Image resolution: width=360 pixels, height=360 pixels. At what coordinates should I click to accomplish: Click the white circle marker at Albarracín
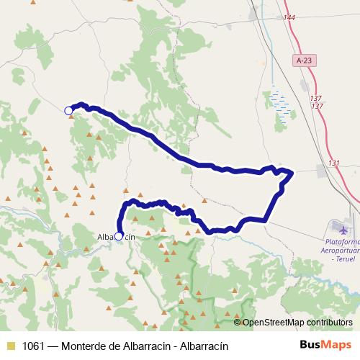coord(119,235)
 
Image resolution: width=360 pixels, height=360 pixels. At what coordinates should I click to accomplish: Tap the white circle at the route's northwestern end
coord(68,110)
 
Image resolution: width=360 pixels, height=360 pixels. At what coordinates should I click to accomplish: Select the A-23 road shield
coord(304,62)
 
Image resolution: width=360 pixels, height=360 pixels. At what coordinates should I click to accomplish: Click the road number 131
coord(333,163)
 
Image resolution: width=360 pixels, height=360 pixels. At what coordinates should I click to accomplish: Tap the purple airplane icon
coord(343,231)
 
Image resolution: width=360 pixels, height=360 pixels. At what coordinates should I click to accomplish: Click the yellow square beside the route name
coord(10,346)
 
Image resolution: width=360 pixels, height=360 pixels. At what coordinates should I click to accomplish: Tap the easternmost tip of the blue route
coord(293,172)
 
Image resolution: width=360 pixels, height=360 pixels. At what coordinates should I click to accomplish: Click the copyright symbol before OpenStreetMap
coord(238,323)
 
